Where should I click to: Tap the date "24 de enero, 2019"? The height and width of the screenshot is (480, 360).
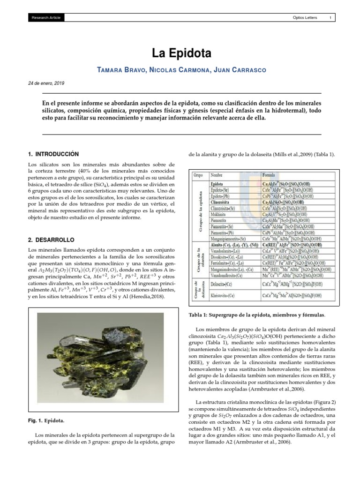pos(47,83)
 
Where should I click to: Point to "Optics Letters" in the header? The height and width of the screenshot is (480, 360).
pos(305,18)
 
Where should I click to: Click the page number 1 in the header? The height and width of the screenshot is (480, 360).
pos(331,18)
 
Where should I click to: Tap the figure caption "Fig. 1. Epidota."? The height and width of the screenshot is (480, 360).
pos(46,421)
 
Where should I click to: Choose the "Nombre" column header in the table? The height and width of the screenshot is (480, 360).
pos(217,174)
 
